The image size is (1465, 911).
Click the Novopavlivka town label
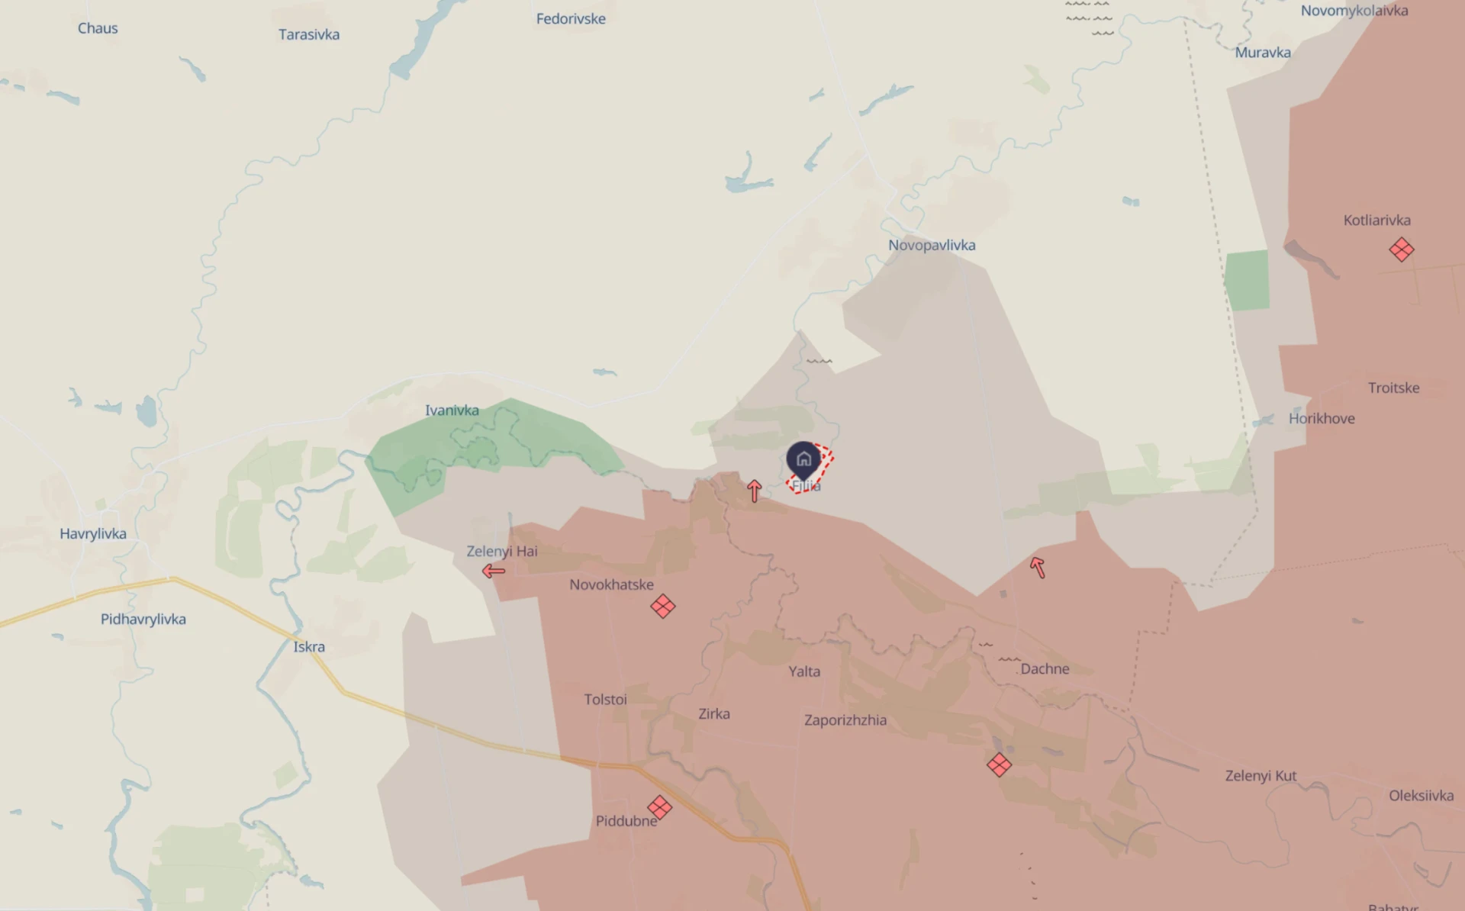(x=932, y=245)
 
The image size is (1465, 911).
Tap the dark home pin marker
(x=803, y=459)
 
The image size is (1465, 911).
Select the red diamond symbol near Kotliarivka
(x=1401, y=249)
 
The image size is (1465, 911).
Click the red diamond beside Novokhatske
(x=663, y=607)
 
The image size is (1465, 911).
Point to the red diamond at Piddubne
(x=659, y=807)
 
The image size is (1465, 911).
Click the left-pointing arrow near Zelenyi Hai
(x=494, y=571)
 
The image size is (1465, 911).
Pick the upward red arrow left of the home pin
(x=755, y=491)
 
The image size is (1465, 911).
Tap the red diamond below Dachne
(x=999, y=765)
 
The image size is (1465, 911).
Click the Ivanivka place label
(x=452, y=410)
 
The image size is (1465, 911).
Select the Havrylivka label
(x=93, y=534)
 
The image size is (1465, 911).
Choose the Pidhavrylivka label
(x=143, y=619)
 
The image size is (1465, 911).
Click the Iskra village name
(x=309, y=647)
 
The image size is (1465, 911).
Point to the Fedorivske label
(x=571, y=19)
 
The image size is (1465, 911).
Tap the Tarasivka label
(x=309, y=34)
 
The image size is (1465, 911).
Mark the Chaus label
(x=98, y=28)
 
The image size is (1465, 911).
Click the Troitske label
(x=1393, y=388)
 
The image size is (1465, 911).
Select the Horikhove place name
(x=1322, y=418)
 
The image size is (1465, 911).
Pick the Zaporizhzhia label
(x=845, y=720)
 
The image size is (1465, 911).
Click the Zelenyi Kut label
(x=1261, y=776)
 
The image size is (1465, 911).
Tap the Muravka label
(x=1263, y=53)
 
